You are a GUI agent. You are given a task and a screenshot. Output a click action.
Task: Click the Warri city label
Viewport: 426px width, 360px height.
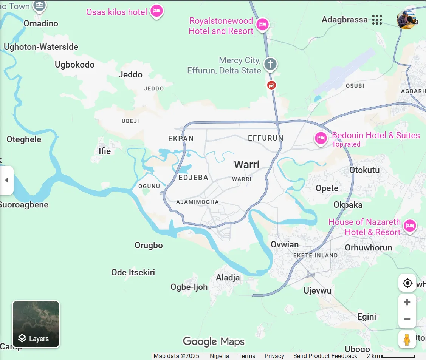coord(246,165)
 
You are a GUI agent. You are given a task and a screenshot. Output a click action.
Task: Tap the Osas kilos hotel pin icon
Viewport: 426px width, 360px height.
coord(156,11)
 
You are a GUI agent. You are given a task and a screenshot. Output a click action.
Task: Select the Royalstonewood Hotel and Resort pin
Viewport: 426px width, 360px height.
coord(262,25)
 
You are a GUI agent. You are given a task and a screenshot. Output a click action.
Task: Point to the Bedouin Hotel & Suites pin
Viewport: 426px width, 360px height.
coord(321,138)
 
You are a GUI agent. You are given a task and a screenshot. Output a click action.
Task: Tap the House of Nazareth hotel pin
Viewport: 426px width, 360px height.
coord(410,226)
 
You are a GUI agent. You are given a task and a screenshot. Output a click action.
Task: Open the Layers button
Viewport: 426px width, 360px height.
coord(36,324)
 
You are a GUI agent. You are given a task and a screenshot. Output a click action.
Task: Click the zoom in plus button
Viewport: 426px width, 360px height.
coord(407,302)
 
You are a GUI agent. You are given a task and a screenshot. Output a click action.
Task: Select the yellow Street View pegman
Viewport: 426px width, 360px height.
coord(407,340)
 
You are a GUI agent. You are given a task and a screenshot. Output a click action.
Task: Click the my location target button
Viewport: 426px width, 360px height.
coord(407,283)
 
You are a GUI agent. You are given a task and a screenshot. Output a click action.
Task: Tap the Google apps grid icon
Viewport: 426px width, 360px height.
coord(377,20)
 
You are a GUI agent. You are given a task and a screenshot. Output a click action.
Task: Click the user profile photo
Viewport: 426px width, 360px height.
coord(406,20)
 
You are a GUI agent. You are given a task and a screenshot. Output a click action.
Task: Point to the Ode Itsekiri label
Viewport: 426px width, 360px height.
coord(133,272)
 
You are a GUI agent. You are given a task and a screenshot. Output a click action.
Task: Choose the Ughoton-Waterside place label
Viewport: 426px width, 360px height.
coord(41,47)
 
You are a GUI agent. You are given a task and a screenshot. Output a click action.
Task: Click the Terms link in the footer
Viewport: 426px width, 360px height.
coord(246,356)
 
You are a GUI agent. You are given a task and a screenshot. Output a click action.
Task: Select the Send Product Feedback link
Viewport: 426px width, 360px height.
coord(325,356)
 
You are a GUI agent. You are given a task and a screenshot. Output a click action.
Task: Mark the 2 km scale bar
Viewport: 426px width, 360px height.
coord(398,356)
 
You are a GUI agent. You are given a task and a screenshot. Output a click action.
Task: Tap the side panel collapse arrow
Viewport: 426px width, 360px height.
coord(6,180)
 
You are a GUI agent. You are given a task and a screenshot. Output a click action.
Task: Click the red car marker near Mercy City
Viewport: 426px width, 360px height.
coord(271,85)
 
